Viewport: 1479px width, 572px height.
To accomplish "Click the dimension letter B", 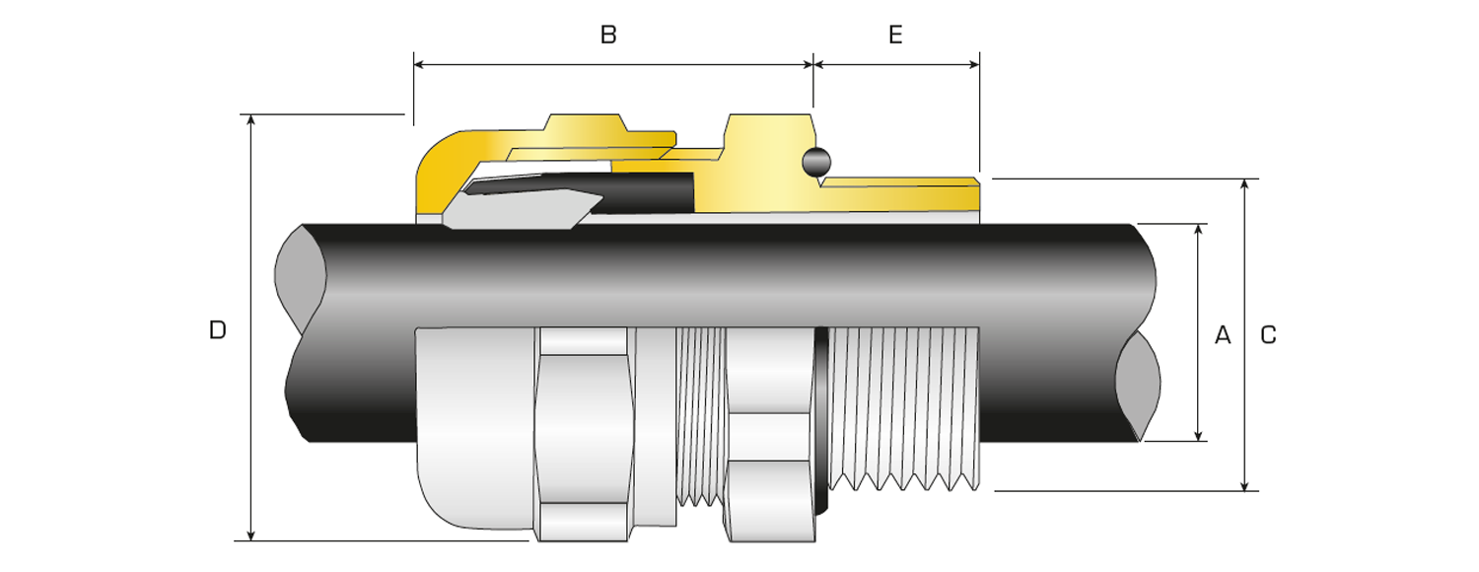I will pos(608,35).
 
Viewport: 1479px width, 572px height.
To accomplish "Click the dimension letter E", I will pos(895,35).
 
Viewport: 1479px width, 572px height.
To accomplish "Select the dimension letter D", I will pos(218,330).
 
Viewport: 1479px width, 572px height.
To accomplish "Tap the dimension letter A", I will pos(1223,335).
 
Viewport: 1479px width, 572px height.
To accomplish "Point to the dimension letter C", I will pos(1269,335).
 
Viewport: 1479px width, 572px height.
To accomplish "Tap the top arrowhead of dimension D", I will pos(251,121).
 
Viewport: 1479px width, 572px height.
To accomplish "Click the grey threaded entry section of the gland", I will pos(902,404).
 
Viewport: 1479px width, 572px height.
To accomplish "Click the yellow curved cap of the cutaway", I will pos(439,173).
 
